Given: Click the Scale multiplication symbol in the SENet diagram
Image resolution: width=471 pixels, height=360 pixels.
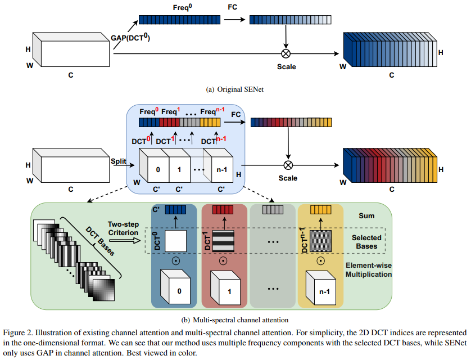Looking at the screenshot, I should pos(287,53).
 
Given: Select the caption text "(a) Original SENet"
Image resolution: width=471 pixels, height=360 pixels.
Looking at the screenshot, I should pos(235,89).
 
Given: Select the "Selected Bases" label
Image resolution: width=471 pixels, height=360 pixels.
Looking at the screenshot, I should pos(367,242).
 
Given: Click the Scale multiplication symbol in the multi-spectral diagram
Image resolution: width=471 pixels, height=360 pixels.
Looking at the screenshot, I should pos(288,165).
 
